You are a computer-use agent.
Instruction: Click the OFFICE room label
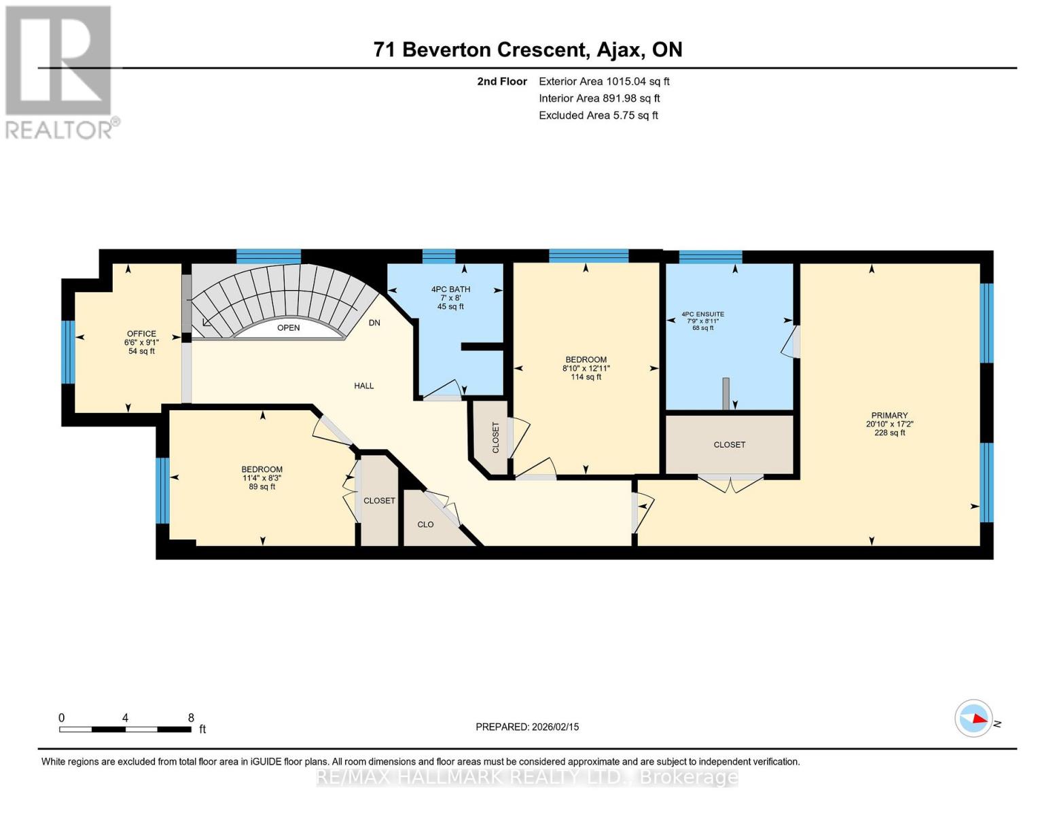pyautogui.click(x=141, y=333)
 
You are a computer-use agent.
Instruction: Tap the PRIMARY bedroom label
pyautogui.click(x=889, y=415)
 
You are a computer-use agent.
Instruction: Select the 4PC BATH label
pyautogui.click(x=450, y=289)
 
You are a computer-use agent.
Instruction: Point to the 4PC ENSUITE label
pyautogui.click(x=702, y=314)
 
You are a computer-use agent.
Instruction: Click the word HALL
pyautogui.click(x=364, y=386)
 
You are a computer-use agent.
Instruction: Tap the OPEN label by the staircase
pyautogui.click(x=288, y=328)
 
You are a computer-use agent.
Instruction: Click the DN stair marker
pyautogui.click(x=374, y=323)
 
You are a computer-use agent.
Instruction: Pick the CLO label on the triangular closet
pyautogui.click(x=425, y=524)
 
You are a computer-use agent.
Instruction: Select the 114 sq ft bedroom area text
pyautogui.click(x=586, y=377)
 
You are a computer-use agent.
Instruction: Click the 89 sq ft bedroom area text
pyautogui.click(x=262, y=486)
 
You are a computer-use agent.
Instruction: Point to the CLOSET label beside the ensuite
pyautogui.click(x=729, y=445)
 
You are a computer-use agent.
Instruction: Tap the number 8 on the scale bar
pyautogui.click(x=191, y=718)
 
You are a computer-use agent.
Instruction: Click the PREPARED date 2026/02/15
pyautogui.click(x=526, y=727)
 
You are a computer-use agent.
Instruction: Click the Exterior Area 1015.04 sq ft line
pyautogui.click(x=603, y=81)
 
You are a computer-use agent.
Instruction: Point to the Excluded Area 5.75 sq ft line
pyautogui.click(x=598, y=115)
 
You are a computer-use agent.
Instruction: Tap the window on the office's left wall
pyautogui.click(x=67, y=352)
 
